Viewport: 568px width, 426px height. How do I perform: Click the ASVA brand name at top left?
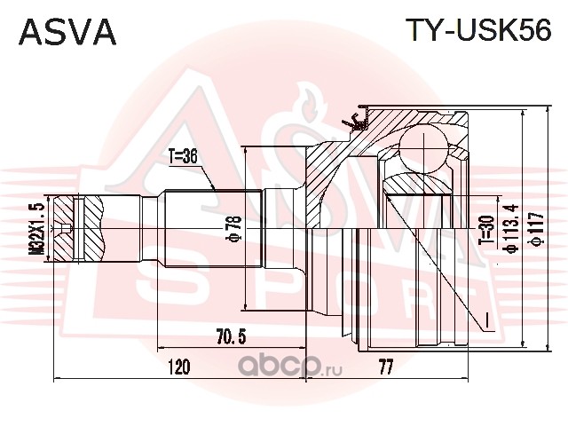click(67, 32)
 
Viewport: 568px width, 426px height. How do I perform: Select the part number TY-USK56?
click(479, 32)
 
